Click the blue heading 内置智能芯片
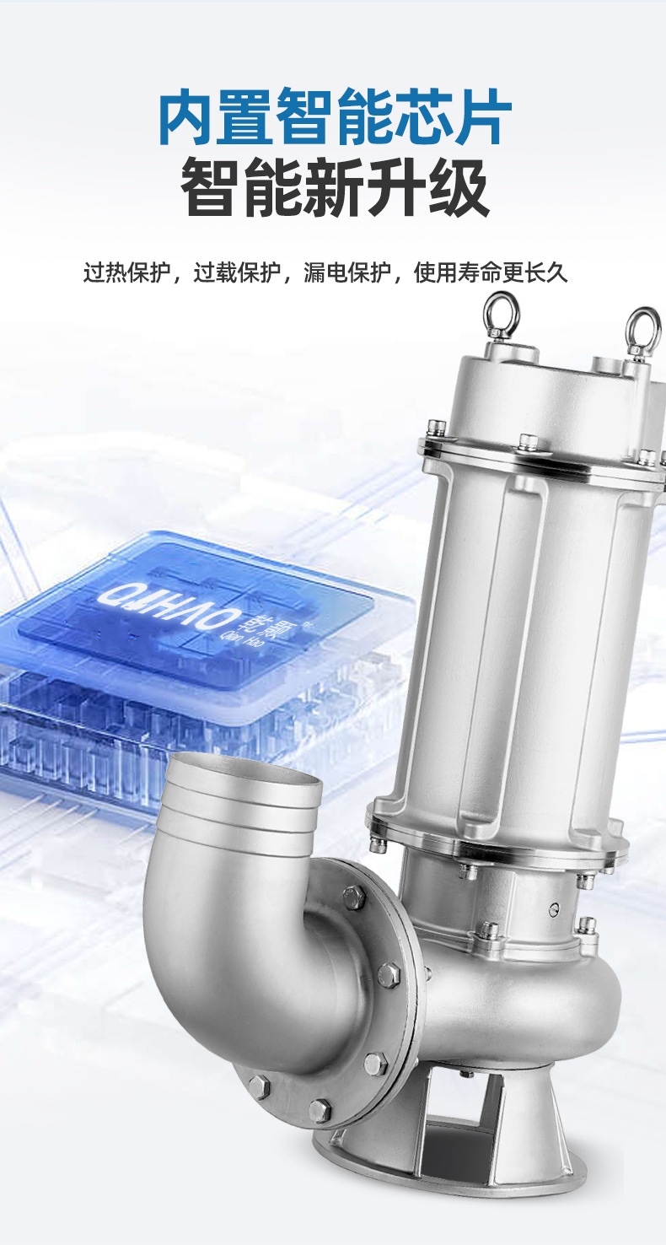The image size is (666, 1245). point(335,116)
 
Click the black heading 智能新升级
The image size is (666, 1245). point(335,187)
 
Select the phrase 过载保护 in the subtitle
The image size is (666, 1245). point(237,273)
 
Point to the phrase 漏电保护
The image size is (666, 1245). point(347,273)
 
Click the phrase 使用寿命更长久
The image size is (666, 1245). point(491,273)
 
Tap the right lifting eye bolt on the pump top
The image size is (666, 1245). point(643,333)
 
